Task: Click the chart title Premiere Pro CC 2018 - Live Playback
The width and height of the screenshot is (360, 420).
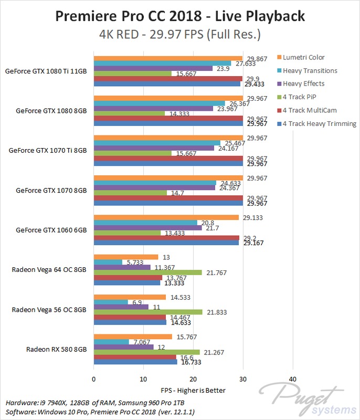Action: coord(179,16)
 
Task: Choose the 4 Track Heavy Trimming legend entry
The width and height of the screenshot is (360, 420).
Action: coord(319,124)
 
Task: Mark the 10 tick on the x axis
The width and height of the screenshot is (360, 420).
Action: coord(143,379)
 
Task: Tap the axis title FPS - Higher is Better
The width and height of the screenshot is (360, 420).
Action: coord(193,391)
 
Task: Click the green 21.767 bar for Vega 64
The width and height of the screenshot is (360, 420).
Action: coord(147,272)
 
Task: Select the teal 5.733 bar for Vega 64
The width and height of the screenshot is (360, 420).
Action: coord(108,262)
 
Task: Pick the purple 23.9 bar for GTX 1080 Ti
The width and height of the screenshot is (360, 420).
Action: coord(153,68)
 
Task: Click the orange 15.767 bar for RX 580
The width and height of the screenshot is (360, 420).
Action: coord(133,337)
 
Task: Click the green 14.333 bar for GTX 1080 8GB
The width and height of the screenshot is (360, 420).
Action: coord(129,113)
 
